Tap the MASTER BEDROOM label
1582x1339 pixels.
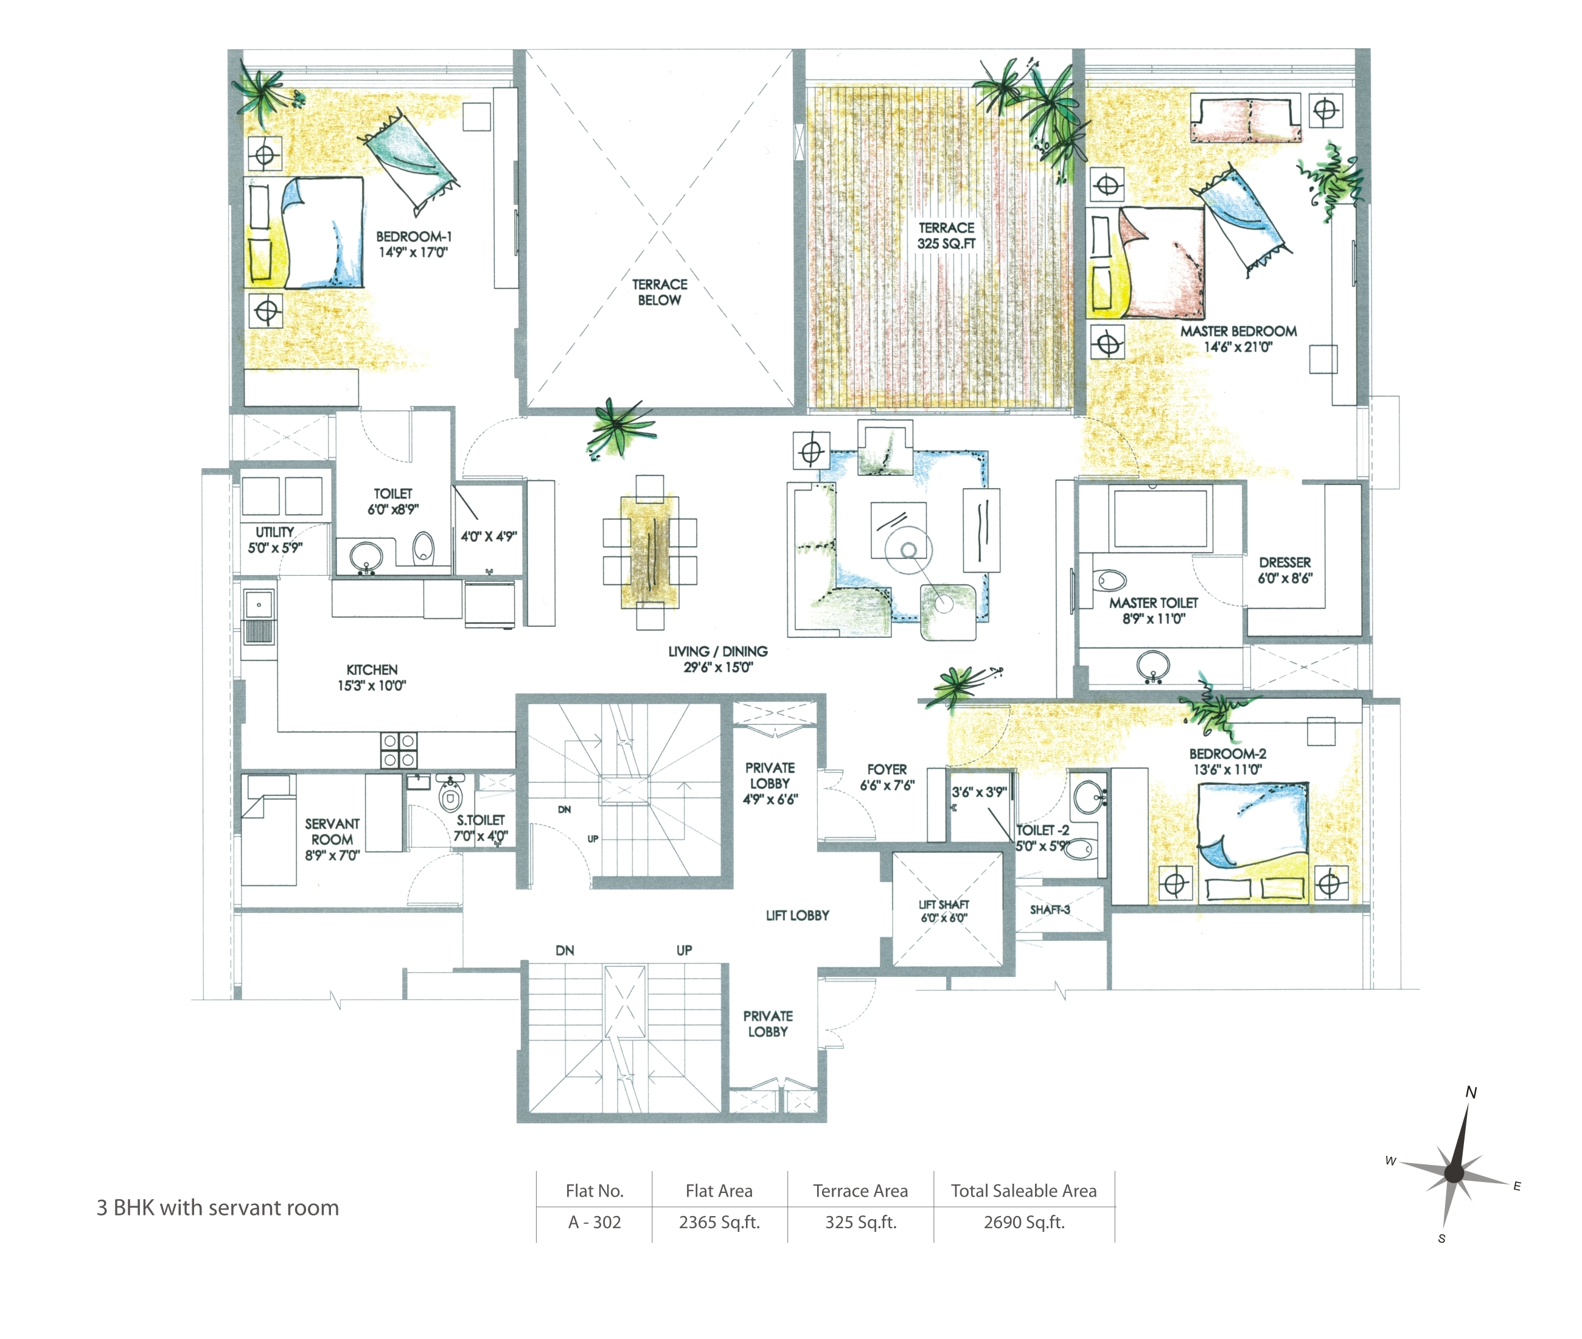tap(1238, 338)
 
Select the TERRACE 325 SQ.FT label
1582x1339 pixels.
tap(946, 236)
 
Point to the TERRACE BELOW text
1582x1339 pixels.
tap(660, 292)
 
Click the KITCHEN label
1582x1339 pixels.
tap(372, 677)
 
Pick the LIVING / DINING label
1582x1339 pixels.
tap(718, 659)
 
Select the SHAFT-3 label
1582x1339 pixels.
tap(1050, 909)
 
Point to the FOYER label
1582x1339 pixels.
tap(887, 777)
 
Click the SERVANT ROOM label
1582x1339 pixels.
tap(332, 839)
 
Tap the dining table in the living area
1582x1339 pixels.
tap(649, 552)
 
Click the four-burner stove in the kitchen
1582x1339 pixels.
tap(399, 750)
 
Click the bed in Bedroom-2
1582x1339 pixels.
tap(1252, 842)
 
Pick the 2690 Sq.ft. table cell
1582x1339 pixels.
tap(1024, 1222)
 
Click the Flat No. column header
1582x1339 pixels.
tap(594, 1191)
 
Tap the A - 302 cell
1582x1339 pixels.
tap(594, 1222)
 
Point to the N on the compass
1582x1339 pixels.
tap(1471, 1093)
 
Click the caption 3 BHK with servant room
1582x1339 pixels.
tap(218, 1208)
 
